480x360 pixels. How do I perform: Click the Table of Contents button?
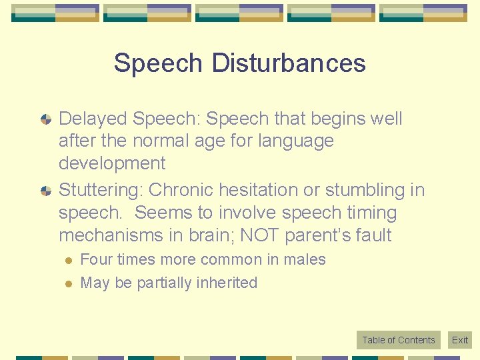pos(398,340)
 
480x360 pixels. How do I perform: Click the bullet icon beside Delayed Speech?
pos(46,119)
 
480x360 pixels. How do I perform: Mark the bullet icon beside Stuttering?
pos(46,191)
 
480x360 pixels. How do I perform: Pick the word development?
pos(112,163)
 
